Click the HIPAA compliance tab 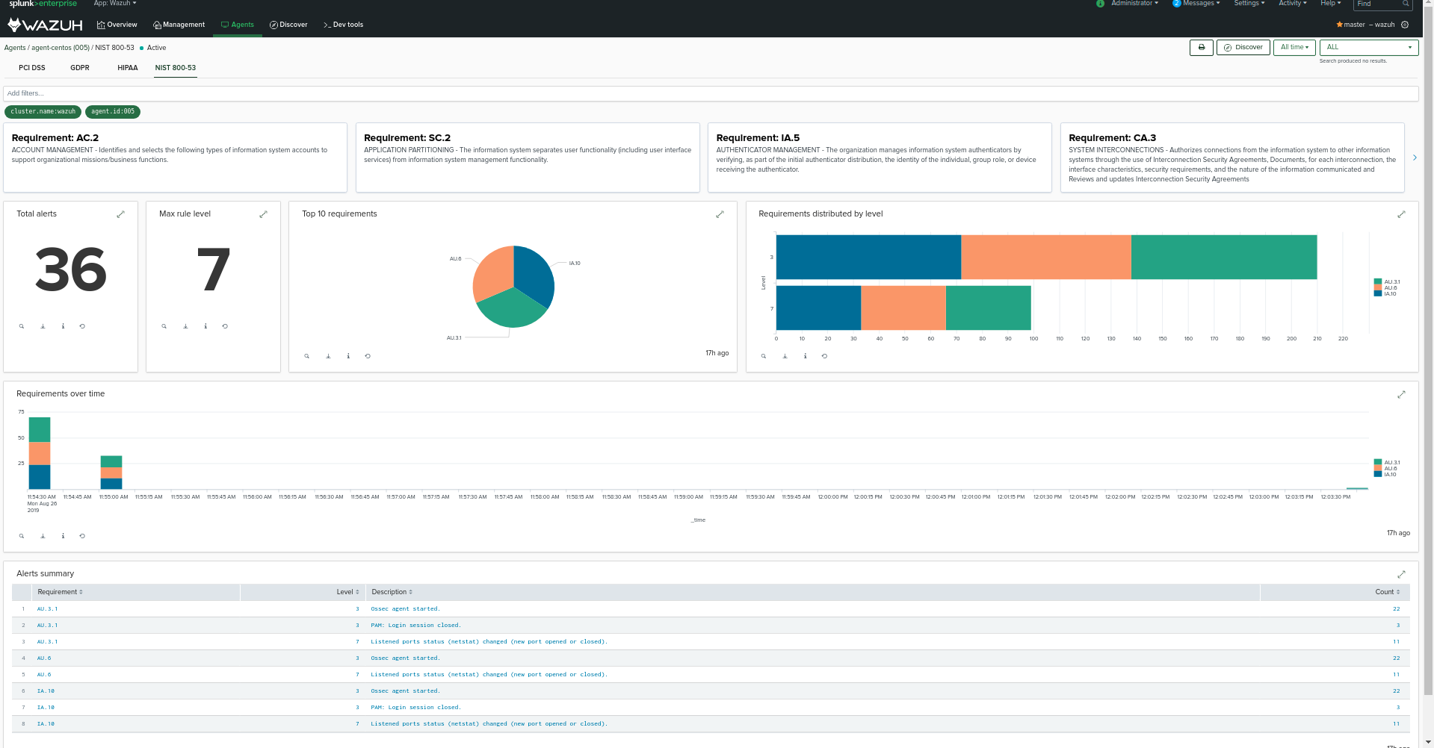127,68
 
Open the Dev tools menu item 343,25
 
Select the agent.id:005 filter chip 113,112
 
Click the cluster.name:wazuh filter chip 43,112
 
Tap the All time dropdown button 1294,47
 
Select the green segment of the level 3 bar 1223,258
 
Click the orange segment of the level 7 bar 903,308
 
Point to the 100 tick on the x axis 1033,339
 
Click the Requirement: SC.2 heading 407,138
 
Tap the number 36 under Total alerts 71,269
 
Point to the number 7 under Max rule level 213,269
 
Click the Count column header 1386,592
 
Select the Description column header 392,592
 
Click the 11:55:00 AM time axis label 114,497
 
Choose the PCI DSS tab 32,68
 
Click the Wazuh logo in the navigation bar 45,25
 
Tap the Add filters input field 710,93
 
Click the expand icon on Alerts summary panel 1401,574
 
